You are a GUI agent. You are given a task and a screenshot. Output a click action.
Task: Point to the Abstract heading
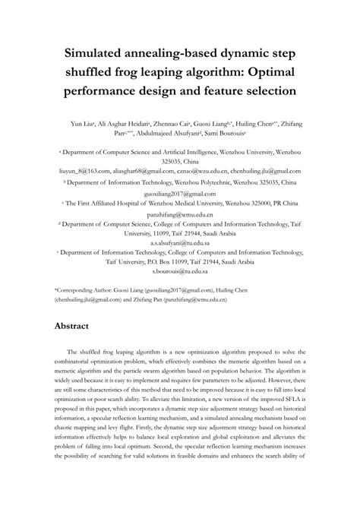[x=77, y=327]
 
